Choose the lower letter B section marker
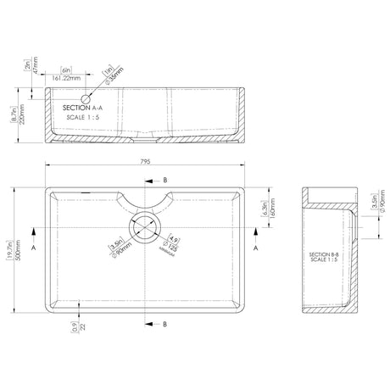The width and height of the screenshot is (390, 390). click(x=164, y=324)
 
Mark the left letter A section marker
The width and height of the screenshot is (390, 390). click(x=31, y=250)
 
